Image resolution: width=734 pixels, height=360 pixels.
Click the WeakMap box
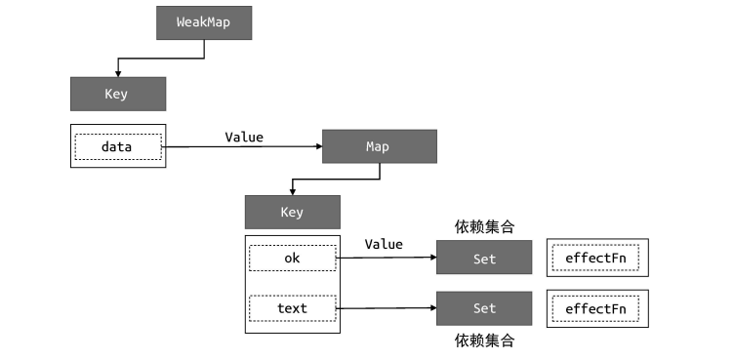tap(204, 22)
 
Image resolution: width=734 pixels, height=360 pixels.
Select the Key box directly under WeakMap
tap(117, 95)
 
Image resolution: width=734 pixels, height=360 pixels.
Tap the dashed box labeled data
tap(117, 147)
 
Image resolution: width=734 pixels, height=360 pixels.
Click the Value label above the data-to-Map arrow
tap(244, 137)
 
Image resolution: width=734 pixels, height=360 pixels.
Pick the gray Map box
tap(378, 146)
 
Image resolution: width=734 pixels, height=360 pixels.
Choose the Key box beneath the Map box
tap(292, 212)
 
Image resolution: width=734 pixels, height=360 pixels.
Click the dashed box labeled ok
tap(292, 258)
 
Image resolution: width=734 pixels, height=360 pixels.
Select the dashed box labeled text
tap(292, 308)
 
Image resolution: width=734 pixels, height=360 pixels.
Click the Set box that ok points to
tap(484, 259)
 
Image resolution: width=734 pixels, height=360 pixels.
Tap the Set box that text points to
tap(484, 308)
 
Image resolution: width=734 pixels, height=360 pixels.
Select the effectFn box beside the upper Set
tap(596, 259)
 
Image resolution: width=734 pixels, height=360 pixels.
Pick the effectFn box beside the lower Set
tap(596, 308)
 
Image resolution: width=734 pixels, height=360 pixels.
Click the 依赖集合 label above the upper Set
tap(484, 227)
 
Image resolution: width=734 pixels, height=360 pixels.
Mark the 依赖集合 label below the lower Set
tap(484, 340)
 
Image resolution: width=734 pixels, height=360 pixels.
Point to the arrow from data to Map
tap(244, 147)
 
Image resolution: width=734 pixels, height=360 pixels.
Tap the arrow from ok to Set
tap(386, 258)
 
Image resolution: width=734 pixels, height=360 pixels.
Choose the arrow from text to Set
tap(386, 308)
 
